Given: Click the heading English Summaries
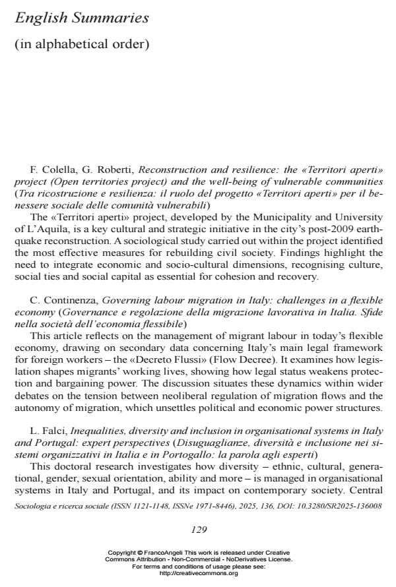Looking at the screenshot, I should click(x=82, y=18).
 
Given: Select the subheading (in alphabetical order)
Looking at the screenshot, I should click(x=82, y=44).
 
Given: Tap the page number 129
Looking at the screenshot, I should click(x=199, y=529).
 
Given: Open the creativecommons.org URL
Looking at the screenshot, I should click(x=199, y=574).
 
